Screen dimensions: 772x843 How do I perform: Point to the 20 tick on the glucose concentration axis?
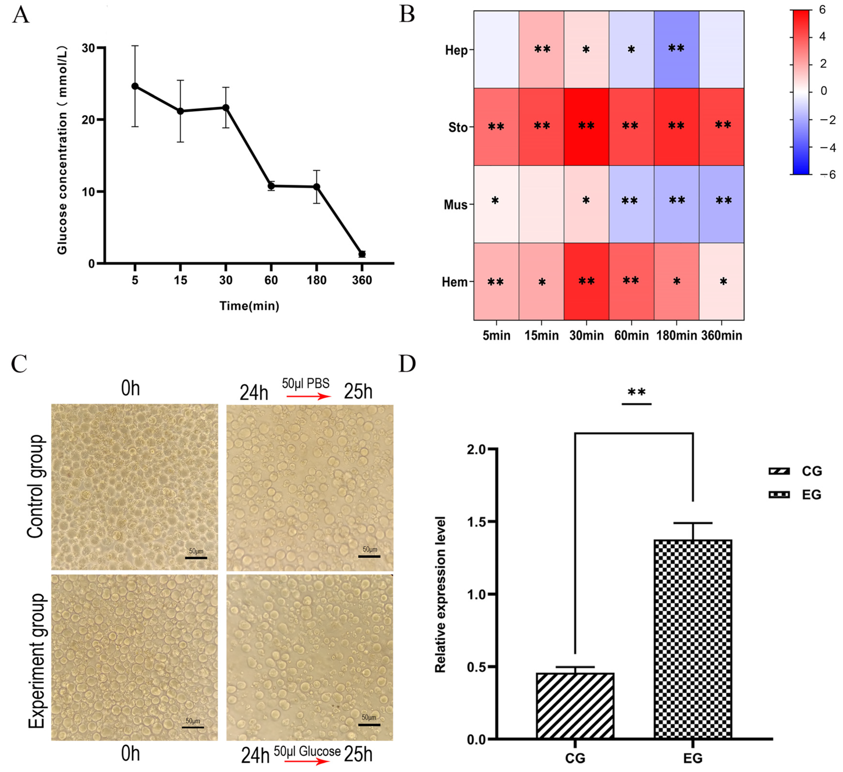pyautogui.click(x=89, y=120)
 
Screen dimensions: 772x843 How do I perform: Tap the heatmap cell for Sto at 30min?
pyautogui.click(x=586, y=127)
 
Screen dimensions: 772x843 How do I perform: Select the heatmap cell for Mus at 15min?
pyautogui.click(x=541, y=204)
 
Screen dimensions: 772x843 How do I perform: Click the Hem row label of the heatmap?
pyautogui.click(x=454, y=282)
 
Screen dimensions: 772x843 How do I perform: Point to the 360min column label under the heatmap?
pyautogui.click(x=722, y=335)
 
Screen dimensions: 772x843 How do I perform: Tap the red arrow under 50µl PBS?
pyautogui.click(x=308, y=396)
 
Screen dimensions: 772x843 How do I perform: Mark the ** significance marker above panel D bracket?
pyautogui.click(x=637, y=392)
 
